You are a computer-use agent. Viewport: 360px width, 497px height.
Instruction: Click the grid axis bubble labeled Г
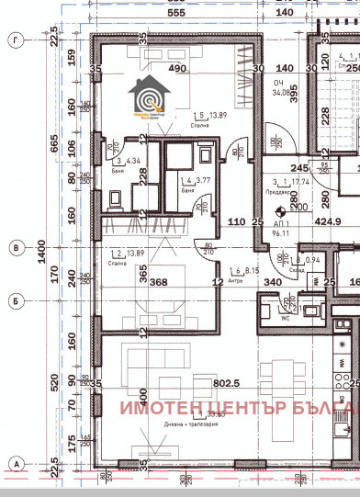[x=15, y=40]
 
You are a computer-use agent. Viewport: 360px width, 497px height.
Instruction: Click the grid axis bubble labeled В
[x=15, y=247]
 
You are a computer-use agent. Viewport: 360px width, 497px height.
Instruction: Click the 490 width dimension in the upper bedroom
[x=176, y=69]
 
